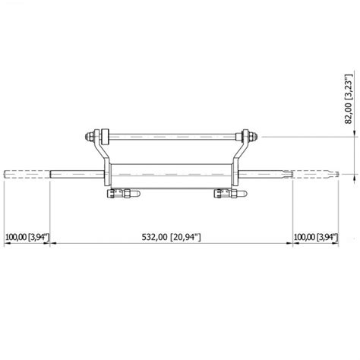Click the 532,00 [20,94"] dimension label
pyautogui.click(x=171, y=237)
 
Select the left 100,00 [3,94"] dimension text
pyautogui.click(x=27, y=237)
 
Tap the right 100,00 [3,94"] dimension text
pyautogui.click(x=316, y=237)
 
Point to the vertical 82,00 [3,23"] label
pyautogui.click(x=349, y=99)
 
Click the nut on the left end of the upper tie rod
pyautogui.click(x=89, y=137)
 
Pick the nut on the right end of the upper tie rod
pyautogui.click(x=253, y=137)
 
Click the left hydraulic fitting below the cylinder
pyautogui.click(x=123, y=194)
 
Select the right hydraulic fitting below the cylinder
pyautogui.click(x=230, y=194)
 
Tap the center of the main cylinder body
pyautogui.click(x=172, y=176)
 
